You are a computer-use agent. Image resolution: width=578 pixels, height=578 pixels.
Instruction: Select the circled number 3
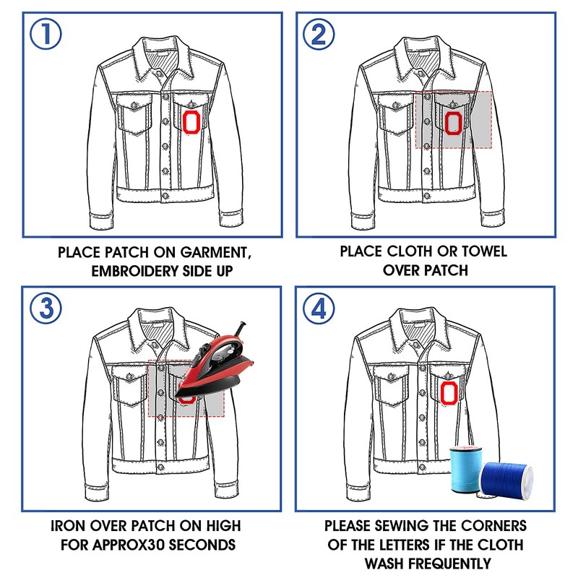click(46, 309)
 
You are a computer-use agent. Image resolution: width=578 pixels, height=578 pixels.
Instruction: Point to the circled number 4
click(319, 309)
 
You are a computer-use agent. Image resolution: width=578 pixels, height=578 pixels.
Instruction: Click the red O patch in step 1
click(192, 123)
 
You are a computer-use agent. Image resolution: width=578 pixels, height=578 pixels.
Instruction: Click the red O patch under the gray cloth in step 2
click(453, 123)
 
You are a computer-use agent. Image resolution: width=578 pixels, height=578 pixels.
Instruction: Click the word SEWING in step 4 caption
click(421, 525)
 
